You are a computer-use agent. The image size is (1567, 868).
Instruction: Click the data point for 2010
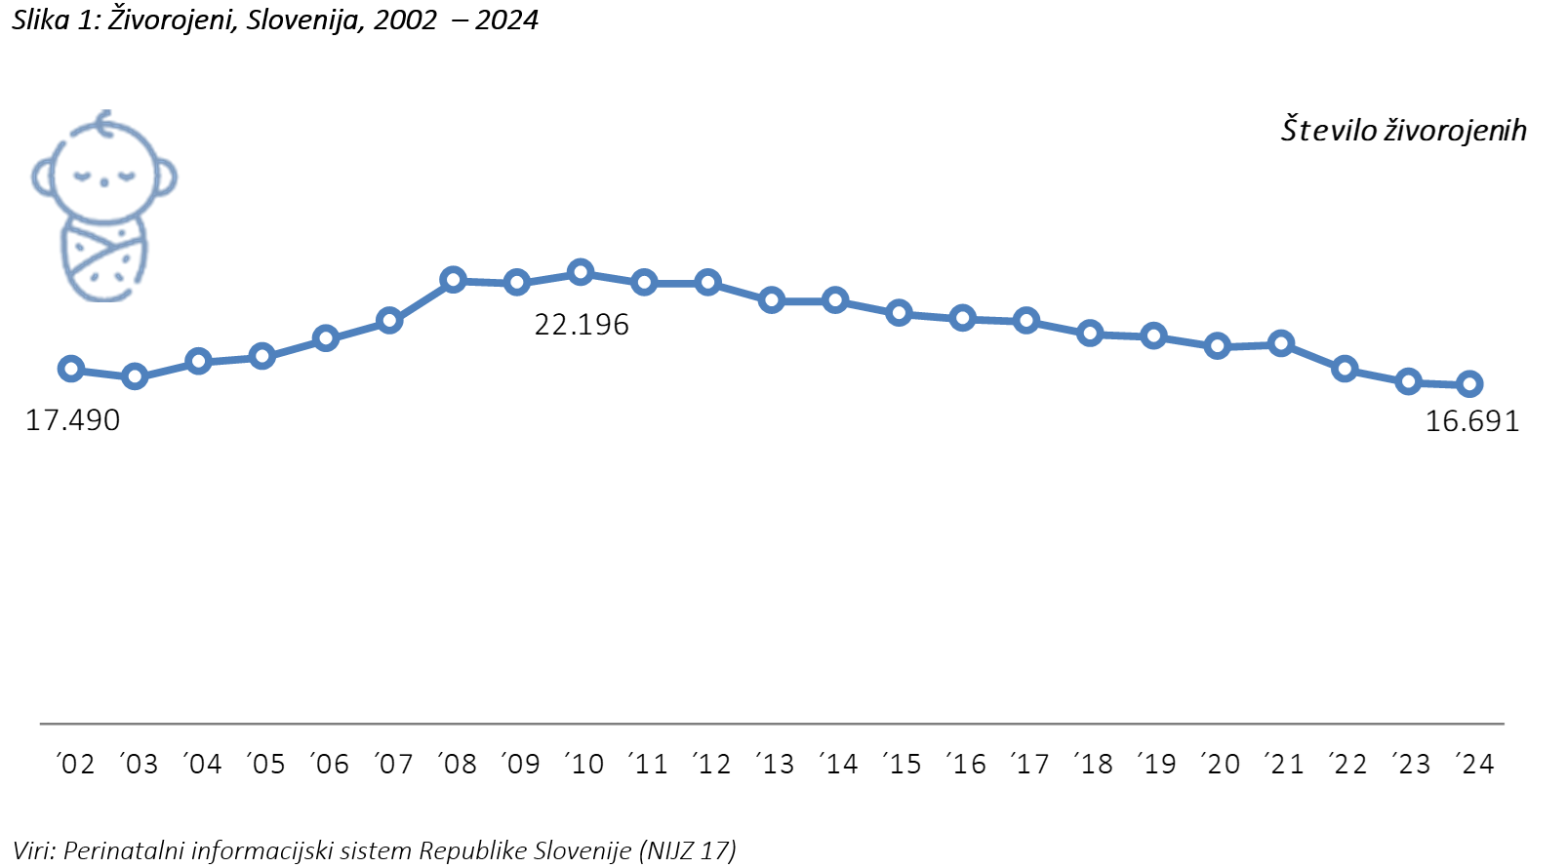click(581, 273)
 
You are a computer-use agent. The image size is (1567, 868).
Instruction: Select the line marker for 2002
click(71, 369)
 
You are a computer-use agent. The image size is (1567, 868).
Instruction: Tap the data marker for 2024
click(1469, 384)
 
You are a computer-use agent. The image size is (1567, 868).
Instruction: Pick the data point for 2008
click(454, 281)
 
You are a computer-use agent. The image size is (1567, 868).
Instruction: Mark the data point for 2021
click(1281, 343)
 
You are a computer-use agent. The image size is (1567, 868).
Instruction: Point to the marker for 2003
click(135, 377)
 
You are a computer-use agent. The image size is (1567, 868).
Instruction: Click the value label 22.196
click(582, 325)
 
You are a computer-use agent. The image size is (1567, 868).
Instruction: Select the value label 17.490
click(73, 420)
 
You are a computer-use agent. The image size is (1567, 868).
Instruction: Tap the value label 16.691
click(1472, 421)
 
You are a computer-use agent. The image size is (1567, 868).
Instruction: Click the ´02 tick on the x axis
click(75, 764)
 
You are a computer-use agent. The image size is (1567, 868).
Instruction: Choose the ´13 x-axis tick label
click(775, 764)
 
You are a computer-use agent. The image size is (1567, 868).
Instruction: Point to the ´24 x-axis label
click(1474, 764)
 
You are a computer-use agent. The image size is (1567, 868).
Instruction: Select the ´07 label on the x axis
click(394, 764)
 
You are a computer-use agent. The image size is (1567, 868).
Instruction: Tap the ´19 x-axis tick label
click(1157, 764)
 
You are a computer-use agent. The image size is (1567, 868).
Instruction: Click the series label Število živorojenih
click(1403, 130)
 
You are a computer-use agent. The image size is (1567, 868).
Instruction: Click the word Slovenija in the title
click(302, 20)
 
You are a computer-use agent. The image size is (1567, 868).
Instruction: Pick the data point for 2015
click(899, 313)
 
